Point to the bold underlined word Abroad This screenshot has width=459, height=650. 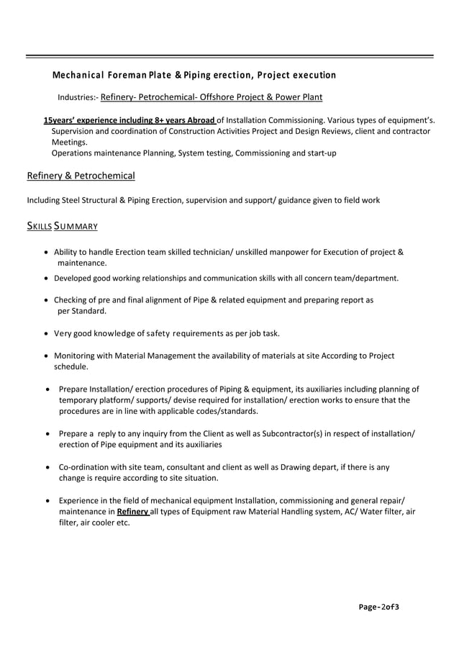(197, 120)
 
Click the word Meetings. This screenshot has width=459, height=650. (70, 143)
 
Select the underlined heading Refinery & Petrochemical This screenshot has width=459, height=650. (81, 176)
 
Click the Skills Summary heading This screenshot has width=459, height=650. (62, 226)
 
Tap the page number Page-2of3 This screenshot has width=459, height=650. (379, 607)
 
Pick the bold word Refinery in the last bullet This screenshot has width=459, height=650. (132, 512)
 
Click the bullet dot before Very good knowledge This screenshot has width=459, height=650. (47, 333)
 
